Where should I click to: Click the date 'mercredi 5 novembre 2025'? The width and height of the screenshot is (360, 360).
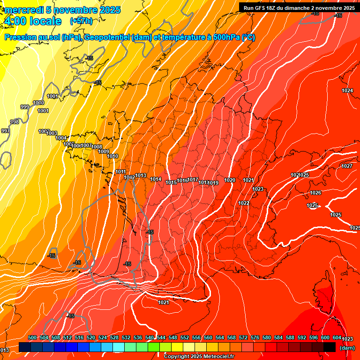(x=63, y=10)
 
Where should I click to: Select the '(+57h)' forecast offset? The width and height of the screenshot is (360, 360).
(x=81, y=22)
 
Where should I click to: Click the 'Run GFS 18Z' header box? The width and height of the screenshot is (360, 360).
(x=299, y=8)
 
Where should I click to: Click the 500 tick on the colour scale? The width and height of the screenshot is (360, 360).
(x=32, y=337)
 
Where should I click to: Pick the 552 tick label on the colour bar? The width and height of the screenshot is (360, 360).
(x=185, y=337)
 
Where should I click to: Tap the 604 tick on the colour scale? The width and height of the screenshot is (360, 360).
(x=337, y=337)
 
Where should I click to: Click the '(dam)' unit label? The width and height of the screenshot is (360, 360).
(x=347, y=347)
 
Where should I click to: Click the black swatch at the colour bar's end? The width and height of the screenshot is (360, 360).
(x=330, y=347)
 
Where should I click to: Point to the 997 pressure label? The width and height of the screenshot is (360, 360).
(x=5, y=131)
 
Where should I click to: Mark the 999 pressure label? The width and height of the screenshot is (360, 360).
(x=25, y=107)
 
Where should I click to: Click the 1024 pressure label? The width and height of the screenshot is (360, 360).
(x=347, y=90)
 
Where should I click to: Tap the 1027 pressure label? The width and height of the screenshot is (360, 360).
(x=347, y=166)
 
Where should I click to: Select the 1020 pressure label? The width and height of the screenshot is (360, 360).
(x=230, y=180)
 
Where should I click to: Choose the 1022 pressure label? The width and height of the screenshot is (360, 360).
(x=243, y=203)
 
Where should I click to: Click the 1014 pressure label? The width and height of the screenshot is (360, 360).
(x=156, y=179)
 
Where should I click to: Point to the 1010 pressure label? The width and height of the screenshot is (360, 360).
(x=113, y=156)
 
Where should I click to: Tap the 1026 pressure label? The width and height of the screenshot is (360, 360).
(x=315, y=193)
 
